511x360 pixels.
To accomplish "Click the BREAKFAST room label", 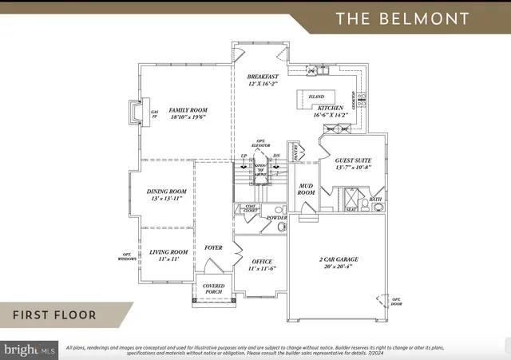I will click(x=263, y=77).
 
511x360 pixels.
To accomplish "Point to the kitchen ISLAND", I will click(x=316, y=97).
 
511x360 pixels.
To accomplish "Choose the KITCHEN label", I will click(x=331, y=108).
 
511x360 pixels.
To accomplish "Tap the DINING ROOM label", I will click(x=166, y=192).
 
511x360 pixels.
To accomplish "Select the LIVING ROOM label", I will click(x=168, y=253).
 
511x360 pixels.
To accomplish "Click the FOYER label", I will click(x=213, y=247).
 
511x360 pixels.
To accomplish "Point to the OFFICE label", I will click(x=262, y=262).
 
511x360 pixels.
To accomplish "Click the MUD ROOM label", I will click(x=306, y=188).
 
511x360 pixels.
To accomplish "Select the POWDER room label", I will click(x=276, y=218).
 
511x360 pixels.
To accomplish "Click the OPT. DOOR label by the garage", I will click(x=394, y=301).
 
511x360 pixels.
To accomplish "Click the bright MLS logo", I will click(x=30, y=350).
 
